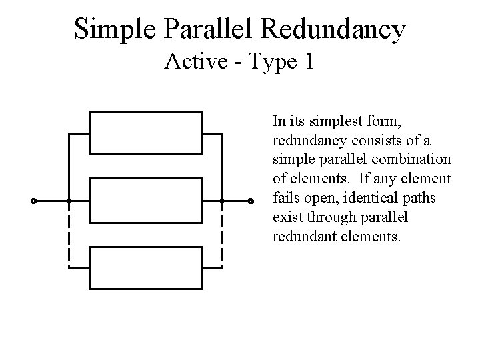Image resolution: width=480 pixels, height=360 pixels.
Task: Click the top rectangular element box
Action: (146, 133)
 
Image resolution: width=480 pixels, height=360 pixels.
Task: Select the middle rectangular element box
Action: (146, 201)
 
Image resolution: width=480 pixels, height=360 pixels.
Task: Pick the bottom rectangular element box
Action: (146, 267)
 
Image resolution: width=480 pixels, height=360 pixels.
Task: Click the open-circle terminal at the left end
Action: (33, 201)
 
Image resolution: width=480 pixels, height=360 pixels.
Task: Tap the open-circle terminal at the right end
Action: (251, 201)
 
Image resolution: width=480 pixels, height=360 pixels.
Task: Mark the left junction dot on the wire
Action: (69, 201)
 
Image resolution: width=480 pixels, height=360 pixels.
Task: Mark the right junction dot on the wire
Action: (222, 201)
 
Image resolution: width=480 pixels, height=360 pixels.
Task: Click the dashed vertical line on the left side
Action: (69, 233)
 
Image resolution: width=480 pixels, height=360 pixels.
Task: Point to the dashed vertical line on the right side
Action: (222, 233)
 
